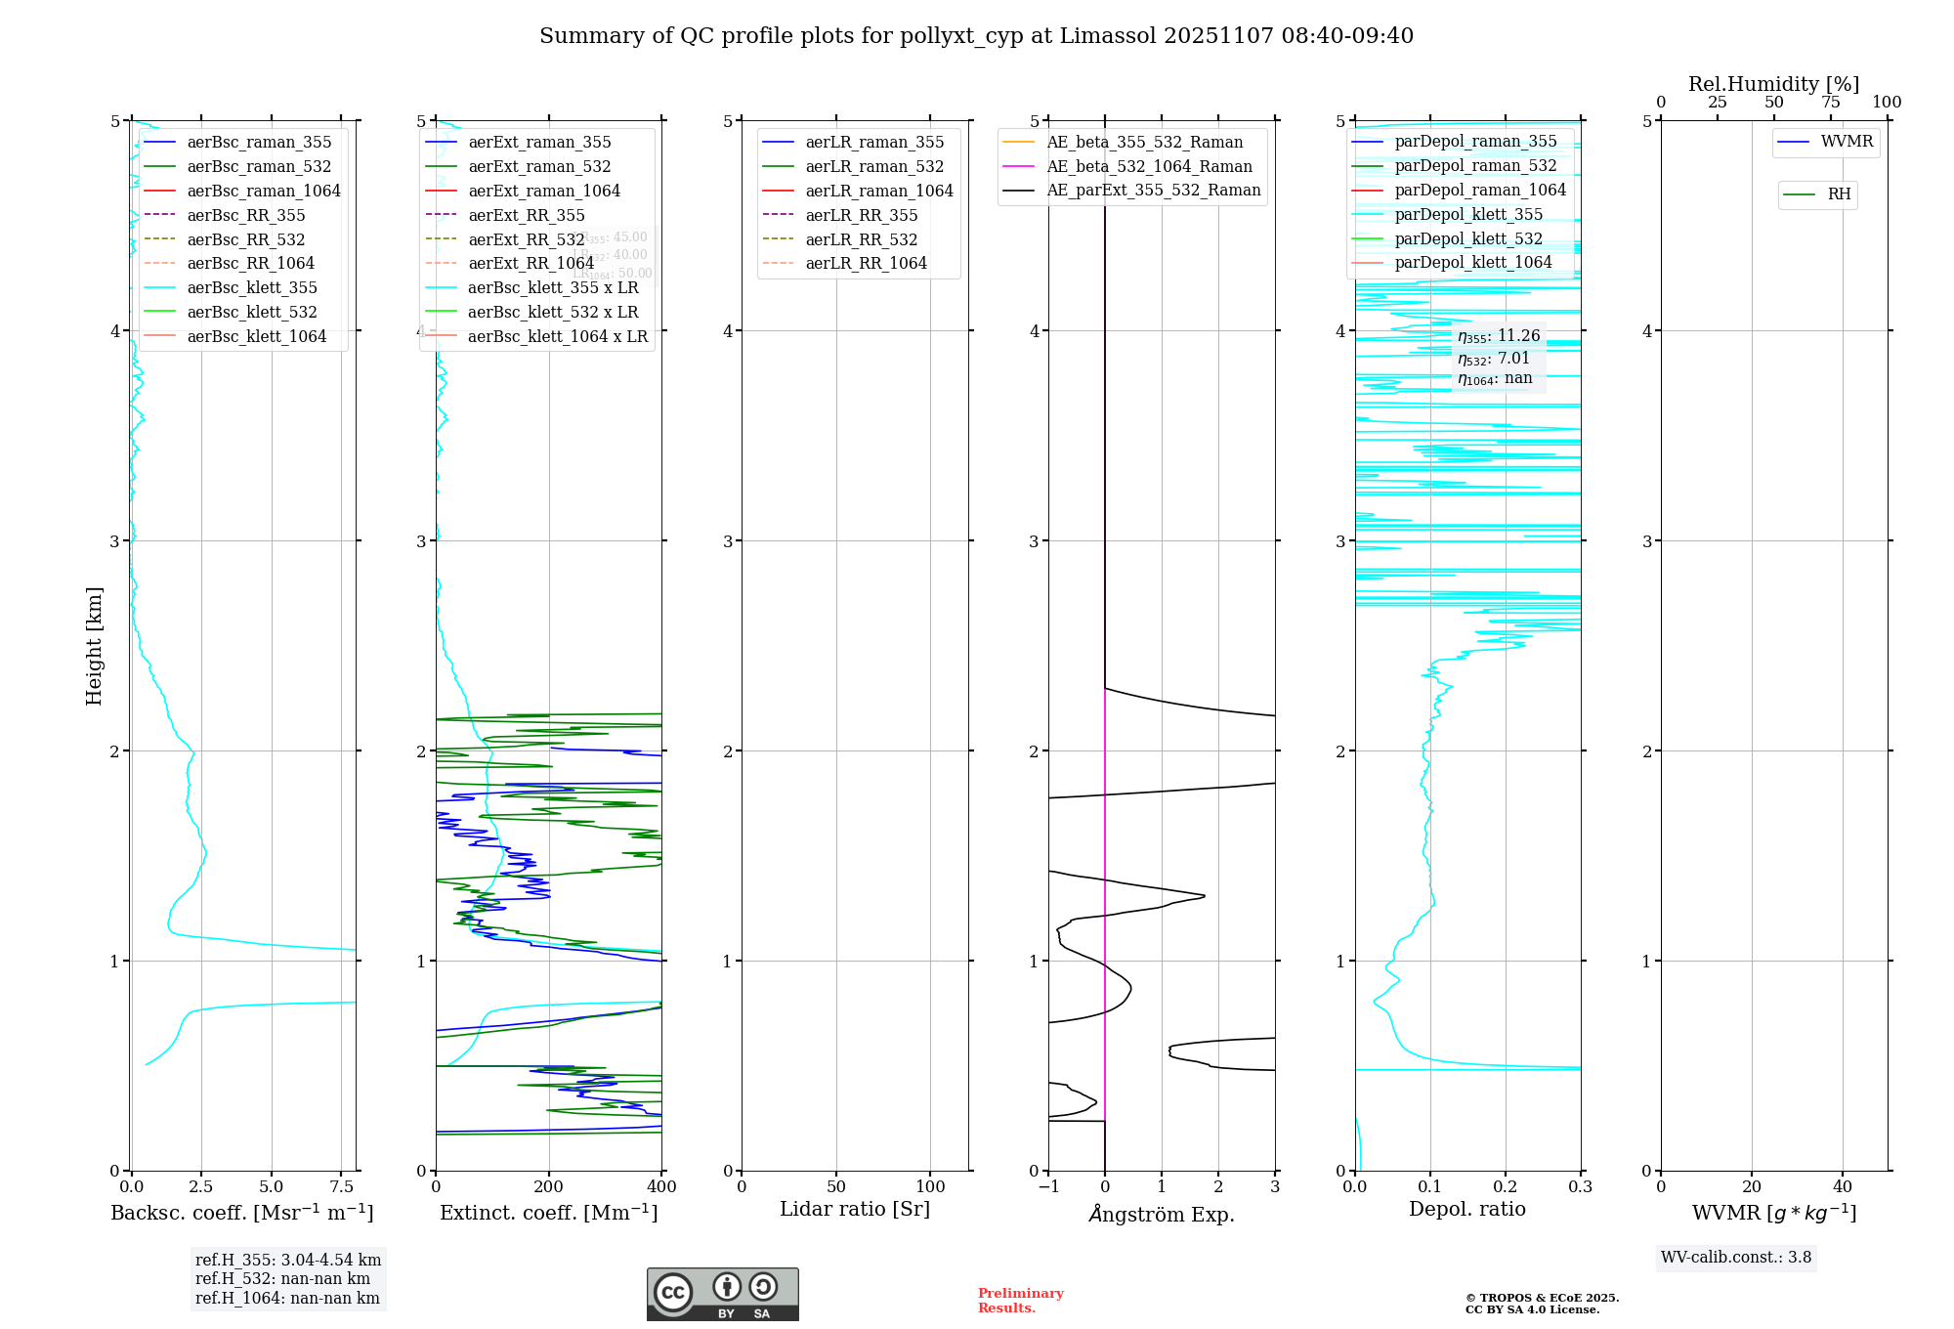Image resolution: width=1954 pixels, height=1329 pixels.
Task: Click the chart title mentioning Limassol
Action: pos(976,36)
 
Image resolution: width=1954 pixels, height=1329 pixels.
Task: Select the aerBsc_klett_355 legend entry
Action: pos(252,287)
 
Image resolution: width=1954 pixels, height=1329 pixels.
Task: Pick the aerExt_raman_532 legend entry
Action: pos(539,166)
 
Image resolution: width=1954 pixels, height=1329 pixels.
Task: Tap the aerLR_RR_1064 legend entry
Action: pos(866,263)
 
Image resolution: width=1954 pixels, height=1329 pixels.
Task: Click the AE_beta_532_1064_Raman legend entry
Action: pos(1149,166)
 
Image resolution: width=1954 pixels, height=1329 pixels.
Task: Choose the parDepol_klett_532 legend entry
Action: pos(1468,238)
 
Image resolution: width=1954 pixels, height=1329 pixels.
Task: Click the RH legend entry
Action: pos(1839,194)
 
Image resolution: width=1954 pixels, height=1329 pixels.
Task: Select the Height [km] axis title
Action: pos(94,645)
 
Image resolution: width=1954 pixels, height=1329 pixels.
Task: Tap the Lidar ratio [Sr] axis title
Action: pos(855,1209)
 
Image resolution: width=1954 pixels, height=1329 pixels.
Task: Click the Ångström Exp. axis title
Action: pos(1162,1214)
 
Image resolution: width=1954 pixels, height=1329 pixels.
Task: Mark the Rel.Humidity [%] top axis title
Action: pos(1773,84)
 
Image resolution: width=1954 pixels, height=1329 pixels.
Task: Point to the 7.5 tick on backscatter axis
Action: pos(342,1186)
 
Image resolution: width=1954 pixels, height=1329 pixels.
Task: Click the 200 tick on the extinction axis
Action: pos(549,1186)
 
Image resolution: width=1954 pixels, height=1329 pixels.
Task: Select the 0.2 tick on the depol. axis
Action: pos(1506,1186)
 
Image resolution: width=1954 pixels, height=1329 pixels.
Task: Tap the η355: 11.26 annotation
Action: pos(1499,336)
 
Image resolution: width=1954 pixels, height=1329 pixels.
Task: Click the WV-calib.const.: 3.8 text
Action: pos(1736,1257)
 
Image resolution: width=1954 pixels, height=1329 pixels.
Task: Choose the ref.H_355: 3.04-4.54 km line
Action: pos(288,1260)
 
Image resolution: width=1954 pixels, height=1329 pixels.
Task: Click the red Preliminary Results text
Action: pos(1020,1301)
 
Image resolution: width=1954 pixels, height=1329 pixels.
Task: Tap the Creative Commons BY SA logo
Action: pos(722,1294)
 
